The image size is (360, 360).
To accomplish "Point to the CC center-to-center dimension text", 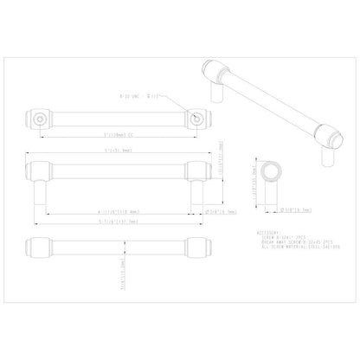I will tap(119, 135).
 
